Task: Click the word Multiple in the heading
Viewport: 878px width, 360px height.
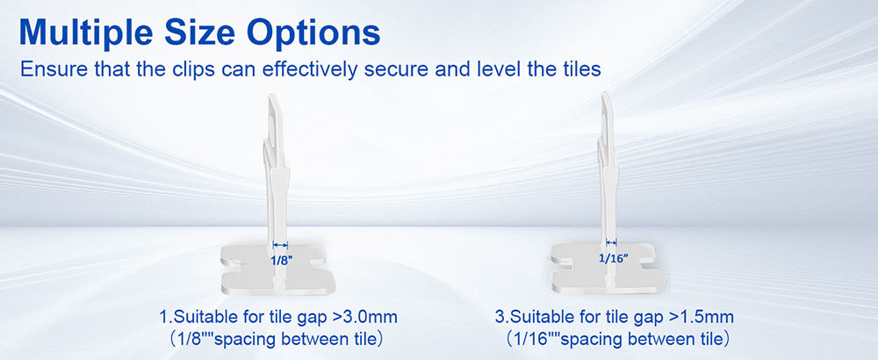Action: pos(86,32)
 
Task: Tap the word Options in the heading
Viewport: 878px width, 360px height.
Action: pos(313,32)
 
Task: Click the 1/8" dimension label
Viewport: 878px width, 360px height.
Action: pos(282,261)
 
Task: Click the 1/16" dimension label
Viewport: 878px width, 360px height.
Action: pos(614,258)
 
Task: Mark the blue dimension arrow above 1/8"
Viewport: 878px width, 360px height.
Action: pos(280,245)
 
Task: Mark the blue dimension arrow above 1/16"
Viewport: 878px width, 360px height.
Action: pos(611,242)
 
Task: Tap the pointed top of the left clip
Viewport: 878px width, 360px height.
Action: pos(271,96)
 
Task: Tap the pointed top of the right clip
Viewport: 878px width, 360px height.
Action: pos(604,94)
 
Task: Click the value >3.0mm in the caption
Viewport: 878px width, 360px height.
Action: pos(365,318)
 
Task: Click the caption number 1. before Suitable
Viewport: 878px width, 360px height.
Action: pos(166,318)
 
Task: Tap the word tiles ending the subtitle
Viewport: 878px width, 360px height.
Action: pos(580,68)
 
